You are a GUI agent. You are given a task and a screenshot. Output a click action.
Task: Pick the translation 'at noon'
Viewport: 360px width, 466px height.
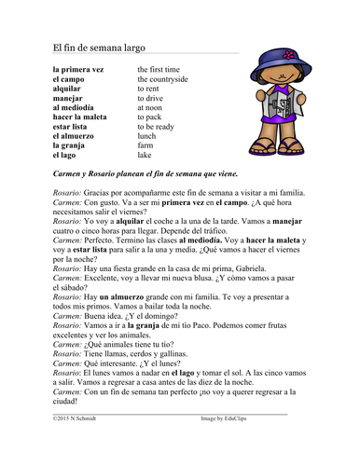152,107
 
